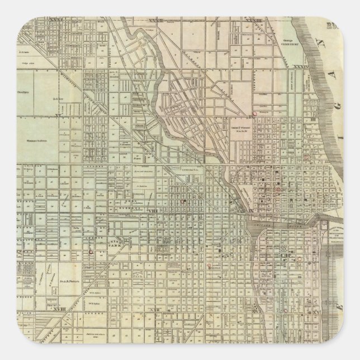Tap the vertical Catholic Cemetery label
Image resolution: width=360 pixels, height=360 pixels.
[x=293, y=84]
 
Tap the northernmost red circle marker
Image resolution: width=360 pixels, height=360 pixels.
[x=254, y=113]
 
